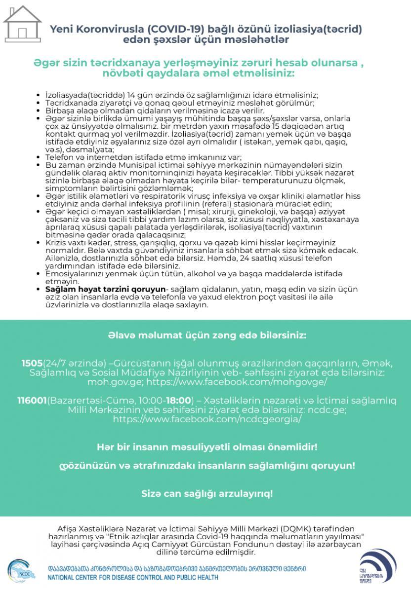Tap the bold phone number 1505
coord(32,363)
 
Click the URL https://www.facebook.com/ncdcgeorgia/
coord(207,419)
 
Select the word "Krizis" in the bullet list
coord(56,243)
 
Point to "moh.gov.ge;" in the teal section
coord(110,382)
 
